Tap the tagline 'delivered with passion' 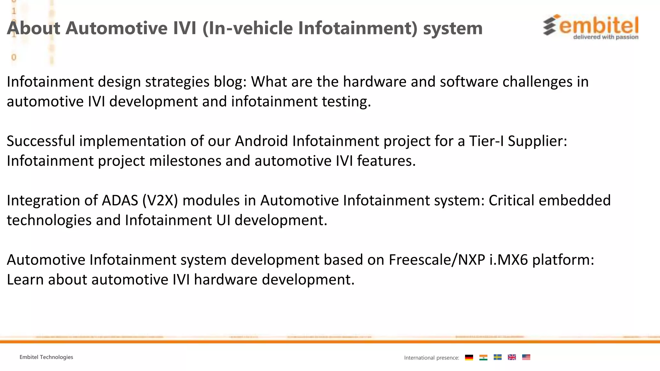(606, 37)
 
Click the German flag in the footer (469, 357)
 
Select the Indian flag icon (483, 357)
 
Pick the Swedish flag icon (498, 357)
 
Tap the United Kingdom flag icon (512, 357)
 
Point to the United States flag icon (526, 357)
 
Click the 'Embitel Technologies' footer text (46, 357)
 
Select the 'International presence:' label (432, 358)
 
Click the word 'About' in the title (34, 28)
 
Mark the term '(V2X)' (160, 200)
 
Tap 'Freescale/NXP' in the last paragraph (437, 260)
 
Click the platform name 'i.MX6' (509, 260)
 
